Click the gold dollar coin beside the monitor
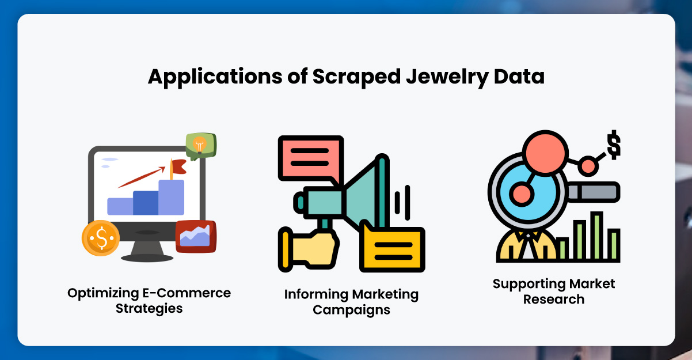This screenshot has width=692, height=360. point(101,238)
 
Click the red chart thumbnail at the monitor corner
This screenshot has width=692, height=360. point(195,236)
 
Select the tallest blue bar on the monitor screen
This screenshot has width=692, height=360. point(171,197)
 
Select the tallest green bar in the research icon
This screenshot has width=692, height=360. point(596,236)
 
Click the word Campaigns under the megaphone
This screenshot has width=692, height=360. point(351,310)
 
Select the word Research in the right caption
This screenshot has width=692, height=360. point(554,299)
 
